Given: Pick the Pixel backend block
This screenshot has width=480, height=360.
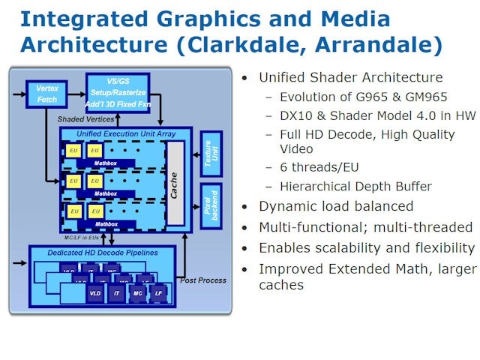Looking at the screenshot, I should click(x=211, y=205).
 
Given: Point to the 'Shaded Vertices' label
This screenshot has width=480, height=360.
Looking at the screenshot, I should click(x=86, y=119).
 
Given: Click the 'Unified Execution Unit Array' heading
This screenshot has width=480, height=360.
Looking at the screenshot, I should click(x=115, y=133).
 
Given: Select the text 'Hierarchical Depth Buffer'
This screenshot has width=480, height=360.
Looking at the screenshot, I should click(x=355, y=187).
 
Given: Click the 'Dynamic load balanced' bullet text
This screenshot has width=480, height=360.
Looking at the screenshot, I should click(x=336, y=206).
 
